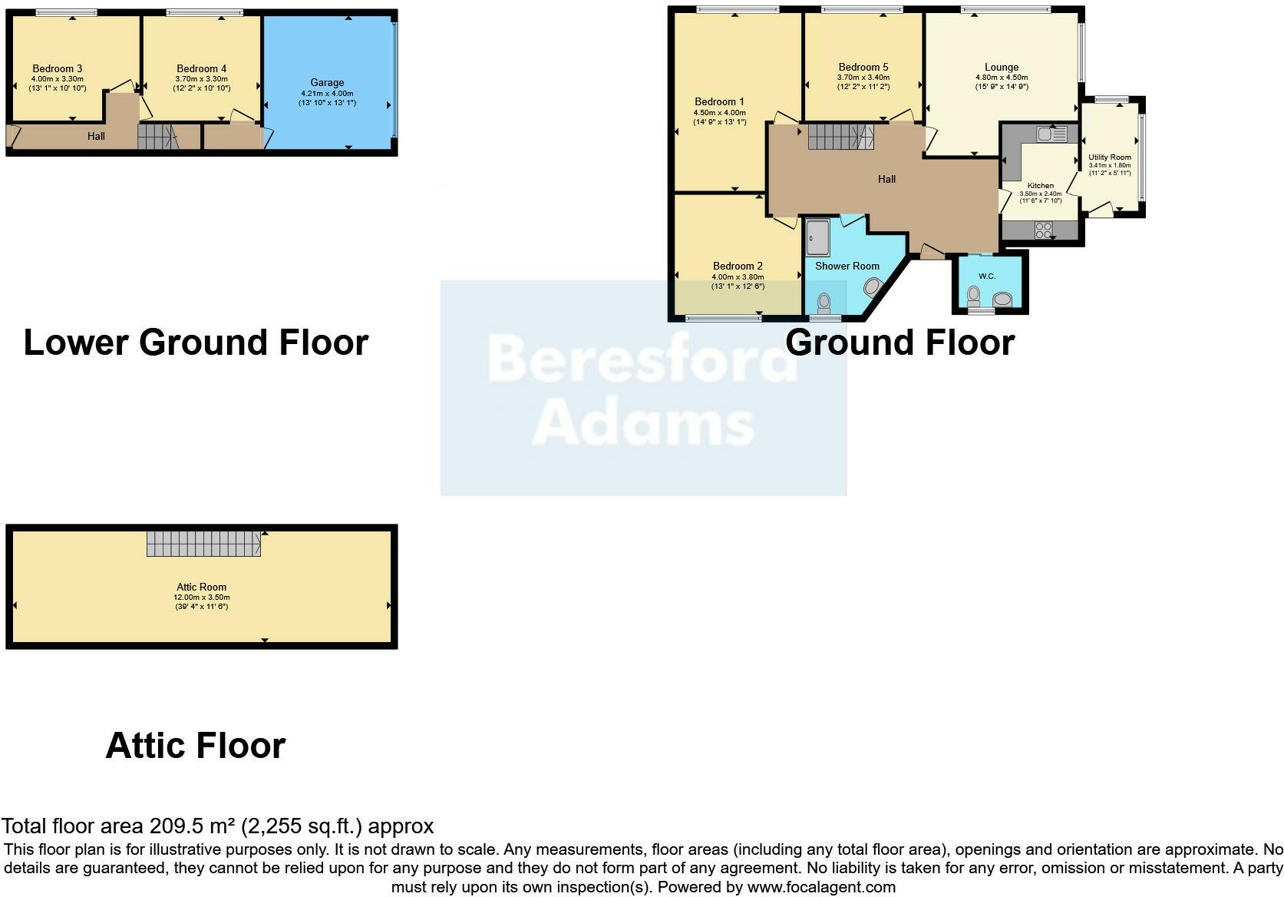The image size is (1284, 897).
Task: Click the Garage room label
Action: [x=327, y=82]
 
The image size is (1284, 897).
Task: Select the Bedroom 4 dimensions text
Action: [x=201, y=83]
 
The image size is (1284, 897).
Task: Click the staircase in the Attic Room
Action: [x=203, y=543]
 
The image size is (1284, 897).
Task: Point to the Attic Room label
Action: [x=202, y=587]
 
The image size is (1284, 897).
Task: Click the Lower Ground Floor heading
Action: [x=196, y=343]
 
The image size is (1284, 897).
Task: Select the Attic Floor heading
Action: [x=195, y=746]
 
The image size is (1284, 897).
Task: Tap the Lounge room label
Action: [x=1002, y=67]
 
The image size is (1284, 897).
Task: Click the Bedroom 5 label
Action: [x=863, y=67]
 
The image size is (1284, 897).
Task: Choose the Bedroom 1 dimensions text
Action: [x=719, y=117]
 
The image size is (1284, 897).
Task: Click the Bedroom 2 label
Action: [x=738, y=266]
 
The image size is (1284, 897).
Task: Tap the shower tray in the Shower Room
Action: [x=817, y=237]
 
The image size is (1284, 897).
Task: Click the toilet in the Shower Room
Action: [x=825, y=301]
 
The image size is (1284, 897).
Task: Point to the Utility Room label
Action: [x=1109, y=157]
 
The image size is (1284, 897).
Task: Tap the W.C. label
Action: [x=987, y=276]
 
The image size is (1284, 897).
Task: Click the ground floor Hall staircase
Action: [x=840, y=137]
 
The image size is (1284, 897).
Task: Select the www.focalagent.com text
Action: [x=821, y=887]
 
